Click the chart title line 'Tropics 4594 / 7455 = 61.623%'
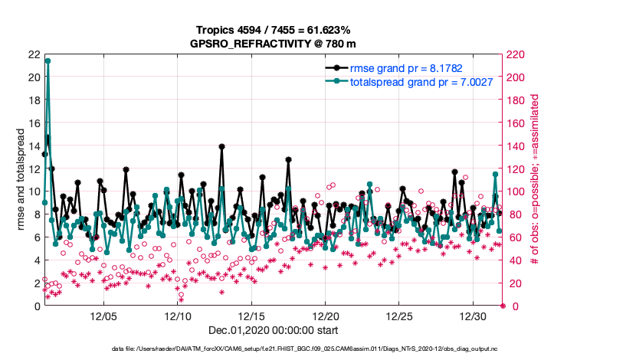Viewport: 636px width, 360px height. pos(272,30)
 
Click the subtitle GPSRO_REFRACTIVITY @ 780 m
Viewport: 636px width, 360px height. pos(272,44)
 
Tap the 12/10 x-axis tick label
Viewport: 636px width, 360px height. pos(178,316)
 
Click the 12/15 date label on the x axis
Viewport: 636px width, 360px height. pos(252,316)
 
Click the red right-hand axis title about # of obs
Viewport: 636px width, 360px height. pos(536,180)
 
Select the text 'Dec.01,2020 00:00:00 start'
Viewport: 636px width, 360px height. pos(272,331)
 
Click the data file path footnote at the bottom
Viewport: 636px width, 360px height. pos(317,349)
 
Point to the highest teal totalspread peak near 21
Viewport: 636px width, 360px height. pos(48,61)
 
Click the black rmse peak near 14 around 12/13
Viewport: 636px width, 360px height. pos(221,146)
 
